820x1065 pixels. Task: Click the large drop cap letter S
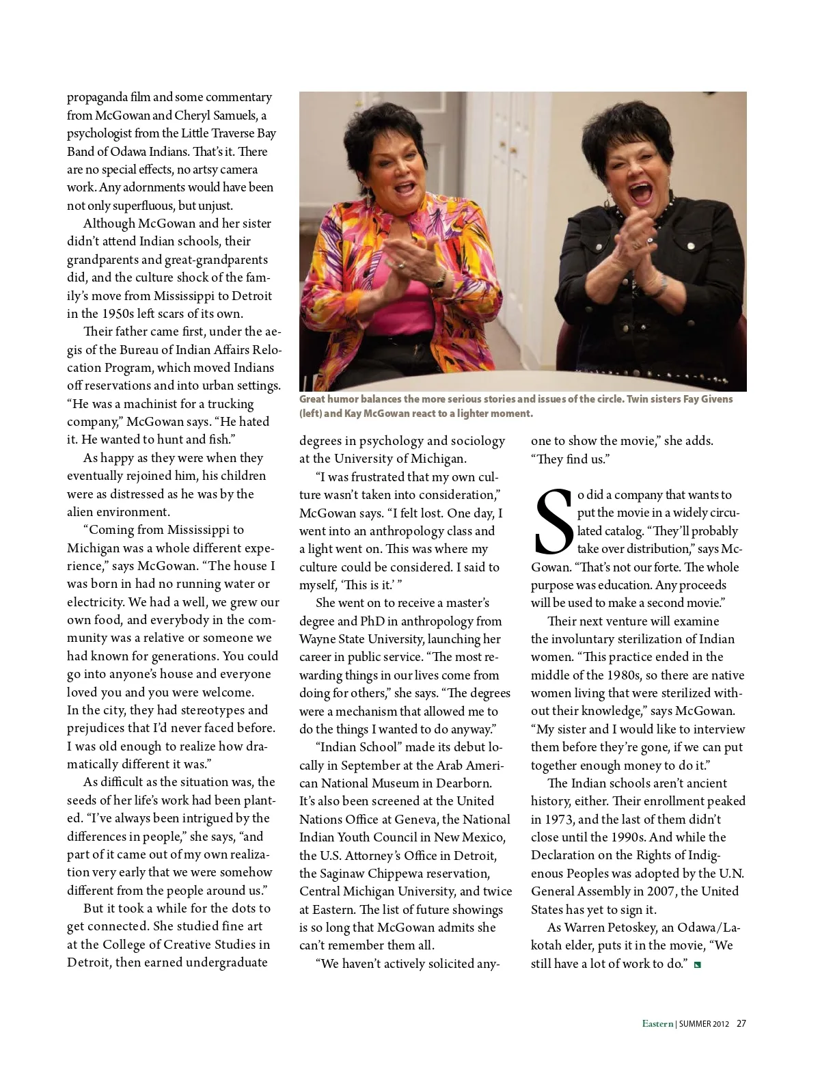coord(553,522)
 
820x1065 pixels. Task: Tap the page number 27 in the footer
coord(741,1023)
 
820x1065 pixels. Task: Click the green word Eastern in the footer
coord(657,1023)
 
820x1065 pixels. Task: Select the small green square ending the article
coord(697,965)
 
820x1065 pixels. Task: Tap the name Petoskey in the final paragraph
coord(625,928)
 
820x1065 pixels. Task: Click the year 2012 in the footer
coord(721,1024)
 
